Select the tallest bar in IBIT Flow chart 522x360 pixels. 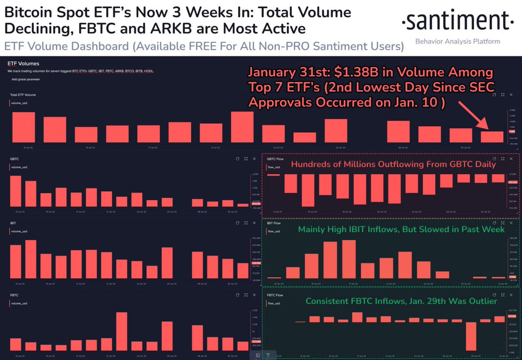coord(349,259)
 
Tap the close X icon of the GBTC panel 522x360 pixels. coord(254,159)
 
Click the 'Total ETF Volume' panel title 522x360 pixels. coord(23,94)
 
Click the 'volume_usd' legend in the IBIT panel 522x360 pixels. coord(19,231)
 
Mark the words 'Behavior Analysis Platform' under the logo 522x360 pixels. coord(458,41)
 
